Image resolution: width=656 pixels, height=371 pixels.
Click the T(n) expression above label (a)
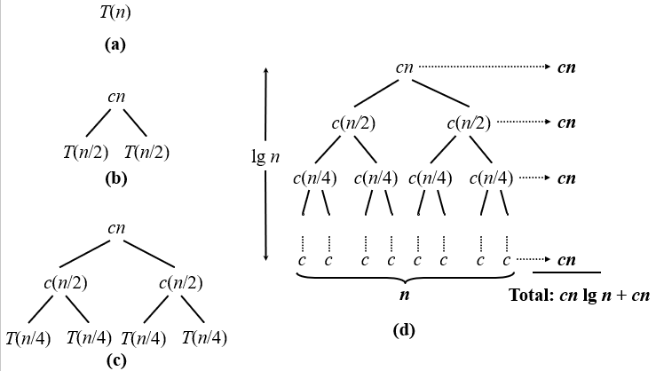(x=115, y=13)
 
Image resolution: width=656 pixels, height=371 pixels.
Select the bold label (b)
(x=115, y=178)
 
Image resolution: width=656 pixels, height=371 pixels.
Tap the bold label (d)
(x=403, y=331)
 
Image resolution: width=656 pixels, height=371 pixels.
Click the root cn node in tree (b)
(x=115, y=96)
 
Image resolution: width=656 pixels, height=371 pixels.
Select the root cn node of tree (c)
(x=115, y=228)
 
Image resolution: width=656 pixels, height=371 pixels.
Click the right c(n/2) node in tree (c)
(x=180, y=284)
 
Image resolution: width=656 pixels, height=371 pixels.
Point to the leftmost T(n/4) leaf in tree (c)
(x=28, y=337)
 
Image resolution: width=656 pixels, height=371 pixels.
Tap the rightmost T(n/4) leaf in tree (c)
(x=204, y=337)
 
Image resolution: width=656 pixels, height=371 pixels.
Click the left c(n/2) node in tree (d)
(x=353, y=122)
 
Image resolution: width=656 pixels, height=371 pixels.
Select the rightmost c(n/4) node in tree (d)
(x=491, y=178)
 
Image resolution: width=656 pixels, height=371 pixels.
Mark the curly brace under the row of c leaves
(x=405, y=277)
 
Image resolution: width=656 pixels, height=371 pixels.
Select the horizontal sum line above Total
(x=566, y=273)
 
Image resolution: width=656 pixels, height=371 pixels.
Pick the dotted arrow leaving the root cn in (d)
(x=485, y=67)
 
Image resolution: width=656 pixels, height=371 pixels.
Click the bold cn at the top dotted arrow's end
(x=566, y=67)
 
